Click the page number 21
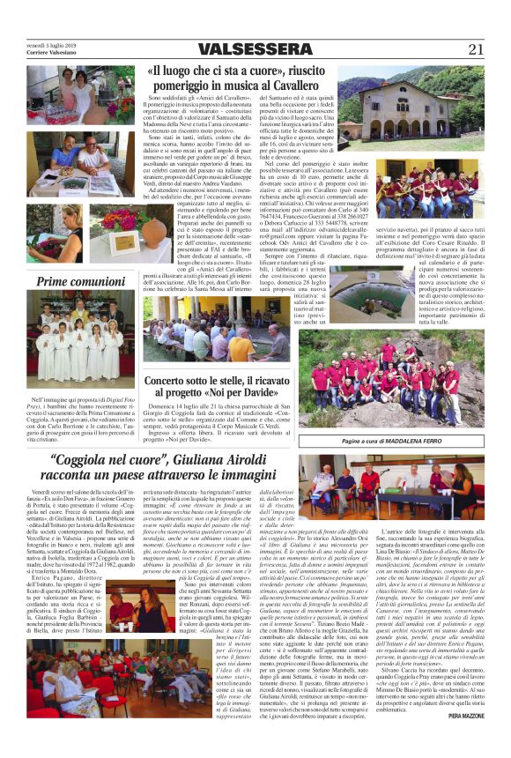pos(476,48)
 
